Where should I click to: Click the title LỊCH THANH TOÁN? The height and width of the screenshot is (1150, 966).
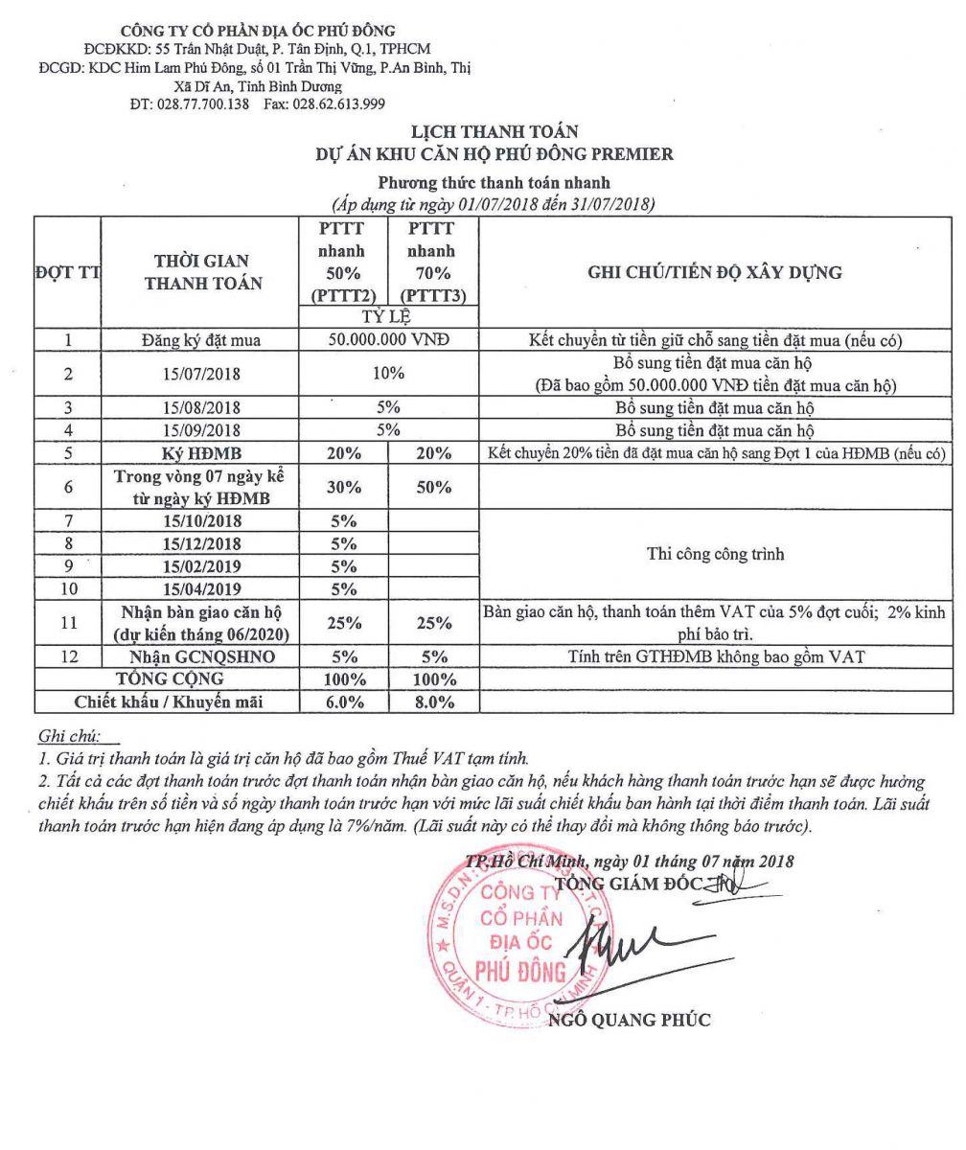pyautogui.click(x=494, y=133)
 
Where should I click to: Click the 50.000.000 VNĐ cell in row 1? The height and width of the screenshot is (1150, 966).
pyautogui.click(x=389, y=340)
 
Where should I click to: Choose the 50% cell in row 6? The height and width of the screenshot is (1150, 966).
pyautogui.click(x=434, y=487)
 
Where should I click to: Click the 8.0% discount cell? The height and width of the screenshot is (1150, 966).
pyautogui.click(x=434, y=702)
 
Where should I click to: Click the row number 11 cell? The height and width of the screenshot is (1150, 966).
pyautogui.click(x=68, y=623)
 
